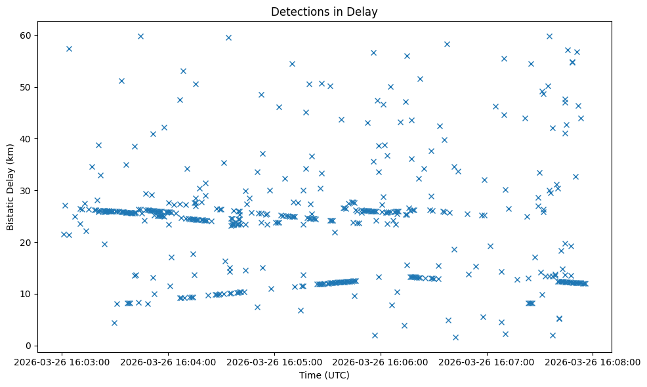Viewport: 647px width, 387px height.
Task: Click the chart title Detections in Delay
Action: [x=324, y=12]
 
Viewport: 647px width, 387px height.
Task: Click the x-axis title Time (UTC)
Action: [x=324, y=376]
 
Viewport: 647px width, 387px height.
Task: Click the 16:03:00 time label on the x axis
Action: [x=62, y=362]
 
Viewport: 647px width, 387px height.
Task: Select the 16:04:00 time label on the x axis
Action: [x=168, y=362]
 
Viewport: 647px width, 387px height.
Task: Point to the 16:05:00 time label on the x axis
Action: [x=274, y=362]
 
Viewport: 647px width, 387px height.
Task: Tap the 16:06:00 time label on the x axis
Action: [x=381, y=362]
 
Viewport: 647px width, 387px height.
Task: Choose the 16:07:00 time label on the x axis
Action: [x=487, y=362]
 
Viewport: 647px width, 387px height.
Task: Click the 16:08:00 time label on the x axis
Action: [x=593, y=362]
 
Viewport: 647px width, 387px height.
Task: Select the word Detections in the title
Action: [x=297, y=12]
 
